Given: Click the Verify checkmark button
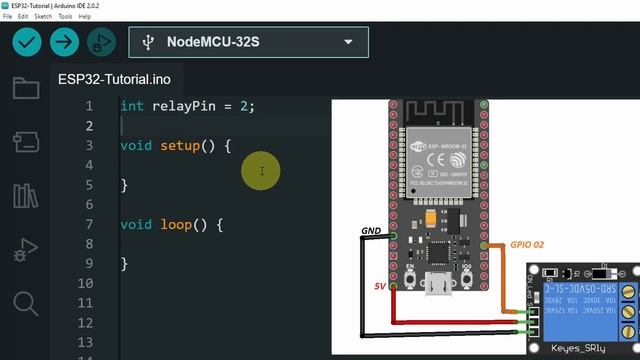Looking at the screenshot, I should tap(27, 42).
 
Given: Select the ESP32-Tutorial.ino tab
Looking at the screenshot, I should tap(114, 79).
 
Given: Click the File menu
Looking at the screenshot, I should tap(9, 17).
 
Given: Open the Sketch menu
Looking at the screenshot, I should tap(43, 17).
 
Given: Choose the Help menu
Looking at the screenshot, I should tap(84, 17).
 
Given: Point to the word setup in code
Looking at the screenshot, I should tap(180, 145).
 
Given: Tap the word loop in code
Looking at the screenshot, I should tap(176, 224).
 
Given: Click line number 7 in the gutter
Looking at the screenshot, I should tap(89, 224).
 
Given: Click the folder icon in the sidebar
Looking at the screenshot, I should tap(25, 88).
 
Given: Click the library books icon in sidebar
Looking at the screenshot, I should tap(25, 195).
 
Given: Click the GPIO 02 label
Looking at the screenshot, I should tap(527, 244).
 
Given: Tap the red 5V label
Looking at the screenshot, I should tap(380, 287).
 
